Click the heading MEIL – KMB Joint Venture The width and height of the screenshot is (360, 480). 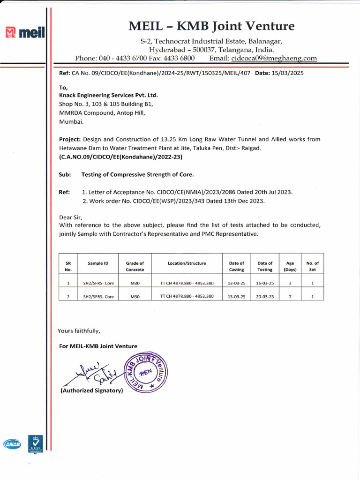click(x=211, y=26)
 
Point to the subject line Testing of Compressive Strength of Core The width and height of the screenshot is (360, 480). click(x=137, y=174)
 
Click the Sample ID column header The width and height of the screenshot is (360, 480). click(x=98, y=263)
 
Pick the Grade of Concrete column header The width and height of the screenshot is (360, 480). click(x=135, y=266)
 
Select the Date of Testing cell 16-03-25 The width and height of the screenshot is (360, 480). click(x=265, y=284)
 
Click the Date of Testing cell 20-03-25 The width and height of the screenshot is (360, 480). click(x=265, y=297)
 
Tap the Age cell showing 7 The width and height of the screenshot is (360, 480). click(x=290, y=297)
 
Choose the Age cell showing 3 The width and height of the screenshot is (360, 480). click(x=290, y=284)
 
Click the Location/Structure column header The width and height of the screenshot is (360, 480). click(x=187, y=263)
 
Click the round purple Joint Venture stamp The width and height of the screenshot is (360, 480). click(x=145, y=373)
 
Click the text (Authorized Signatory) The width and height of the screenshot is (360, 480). click(x=91, y=390)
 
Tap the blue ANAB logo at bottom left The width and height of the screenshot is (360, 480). click(x=12, y=443)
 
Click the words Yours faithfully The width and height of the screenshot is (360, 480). click(x=79, y=331)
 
